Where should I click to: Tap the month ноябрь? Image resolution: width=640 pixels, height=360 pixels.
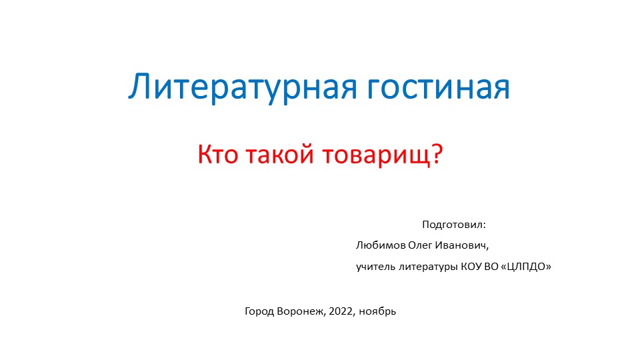click(378, 312)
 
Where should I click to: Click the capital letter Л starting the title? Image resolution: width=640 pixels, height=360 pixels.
click(137, 88)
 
